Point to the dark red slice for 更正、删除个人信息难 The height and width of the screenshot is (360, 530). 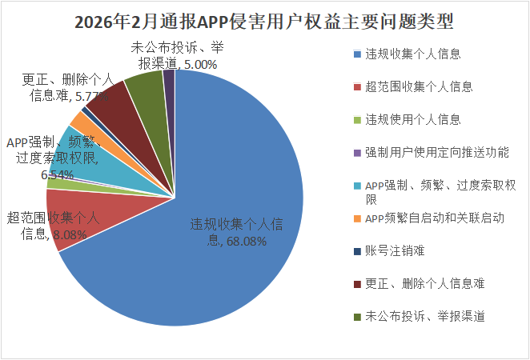pos(109,99)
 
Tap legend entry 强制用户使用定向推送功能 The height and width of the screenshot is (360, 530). pos(437,151)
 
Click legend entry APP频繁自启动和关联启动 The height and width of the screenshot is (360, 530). pos(434,218)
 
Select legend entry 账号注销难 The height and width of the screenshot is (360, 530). pos(394,250)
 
